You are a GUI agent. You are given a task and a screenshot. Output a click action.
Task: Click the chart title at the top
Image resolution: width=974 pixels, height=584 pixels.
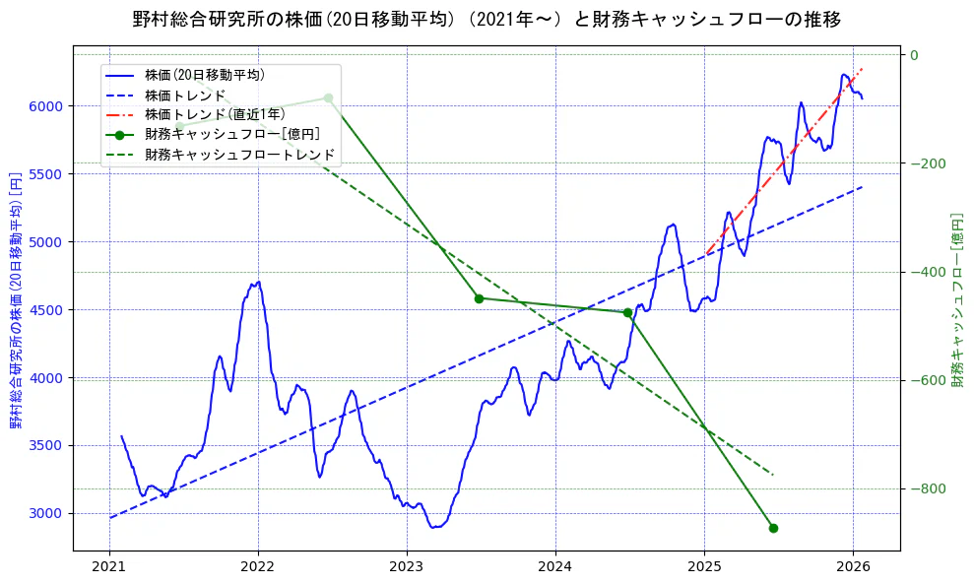click(487, 19)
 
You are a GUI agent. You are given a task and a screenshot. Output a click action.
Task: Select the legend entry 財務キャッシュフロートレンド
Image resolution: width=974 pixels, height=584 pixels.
click(240, 155)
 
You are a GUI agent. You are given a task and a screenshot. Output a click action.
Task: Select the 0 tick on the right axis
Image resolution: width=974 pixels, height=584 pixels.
click(914, 55)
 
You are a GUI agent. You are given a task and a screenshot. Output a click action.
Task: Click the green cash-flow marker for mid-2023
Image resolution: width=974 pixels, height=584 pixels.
click(479, 298)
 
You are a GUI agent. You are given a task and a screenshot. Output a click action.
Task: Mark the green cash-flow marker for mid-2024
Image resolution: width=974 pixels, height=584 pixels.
click(627, 312)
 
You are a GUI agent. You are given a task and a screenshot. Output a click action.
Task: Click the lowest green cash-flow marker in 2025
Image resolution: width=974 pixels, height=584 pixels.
click(773, 528)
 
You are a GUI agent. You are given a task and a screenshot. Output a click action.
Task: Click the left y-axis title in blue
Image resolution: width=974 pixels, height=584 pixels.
click(16, 300)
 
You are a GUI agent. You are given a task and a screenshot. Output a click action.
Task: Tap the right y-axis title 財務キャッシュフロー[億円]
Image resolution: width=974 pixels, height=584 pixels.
click(956, 299)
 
